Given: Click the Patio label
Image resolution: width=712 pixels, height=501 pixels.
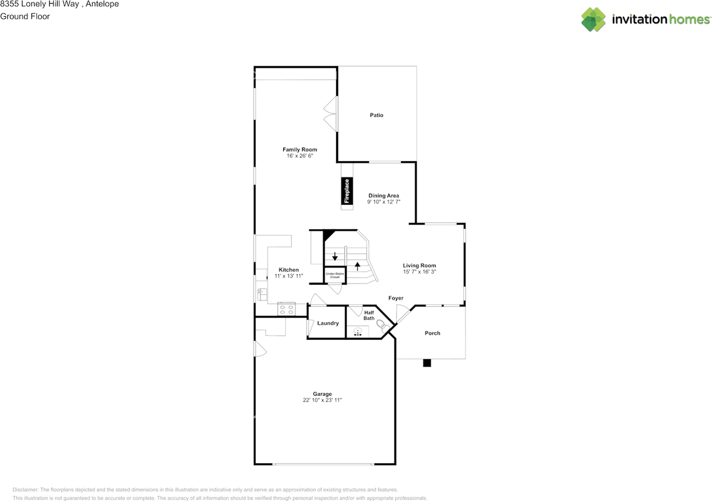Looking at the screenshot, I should (x=377, y=115).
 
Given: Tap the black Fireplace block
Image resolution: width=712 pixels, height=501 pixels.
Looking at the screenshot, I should (x=347, y=191).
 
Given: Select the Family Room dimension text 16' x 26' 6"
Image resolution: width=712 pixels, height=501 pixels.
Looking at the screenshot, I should (x=299, y=156).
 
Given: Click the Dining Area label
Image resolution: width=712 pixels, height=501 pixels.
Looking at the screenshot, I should (x=383, y=196).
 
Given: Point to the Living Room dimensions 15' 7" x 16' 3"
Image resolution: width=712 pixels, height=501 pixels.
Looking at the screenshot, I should (x=419, y=272).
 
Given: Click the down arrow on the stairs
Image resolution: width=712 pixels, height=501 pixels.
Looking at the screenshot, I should (x=335, y=257).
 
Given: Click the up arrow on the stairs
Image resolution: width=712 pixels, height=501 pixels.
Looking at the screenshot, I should (x=357, y=265).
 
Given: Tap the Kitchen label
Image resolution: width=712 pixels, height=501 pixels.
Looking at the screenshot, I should (x=289, y=270).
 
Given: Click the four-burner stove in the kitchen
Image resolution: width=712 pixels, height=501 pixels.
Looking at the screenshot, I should (x=286, y=309).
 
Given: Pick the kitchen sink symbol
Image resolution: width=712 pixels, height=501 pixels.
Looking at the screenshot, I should (x=261, y=294).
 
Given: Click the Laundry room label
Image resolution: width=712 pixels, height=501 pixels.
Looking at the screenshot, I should (x=328, y=323).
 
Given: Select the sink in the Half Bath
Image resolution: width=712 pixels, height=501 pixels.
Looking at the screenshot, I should (x=358, y=332).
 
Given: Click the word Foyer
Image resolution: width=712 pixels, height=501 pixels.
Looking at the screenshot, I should (x=395, y=299).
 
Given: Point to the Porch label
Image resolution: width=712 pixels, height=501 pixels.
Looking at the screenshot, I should (x=432, y=333).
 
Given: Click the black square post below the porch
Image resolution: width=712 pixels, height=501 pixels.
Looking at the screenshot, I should (x=427, y=363).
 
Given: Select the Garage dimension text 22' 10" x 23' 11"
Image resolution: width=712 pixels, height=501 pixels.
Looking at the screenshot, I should (x=322, y=400).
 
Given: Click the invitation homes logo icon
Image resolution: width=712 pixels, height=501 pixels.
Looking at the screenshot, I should (x=594, y=19).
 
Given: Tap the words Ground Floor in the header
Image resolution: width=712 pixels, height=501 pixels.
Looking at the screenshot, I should (x=25, y=16).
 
